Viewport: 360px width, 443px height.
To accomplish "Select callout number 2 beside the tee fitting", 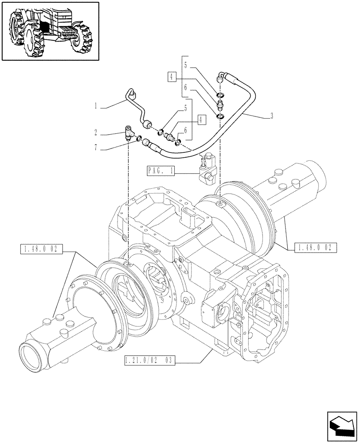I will tap(96, 132).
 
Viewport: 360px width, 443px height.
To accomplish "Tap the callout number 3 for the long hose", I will tap(271, 117).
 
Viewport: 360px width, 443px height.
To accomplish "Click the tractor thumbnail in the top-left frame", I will tap(50, 31).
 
